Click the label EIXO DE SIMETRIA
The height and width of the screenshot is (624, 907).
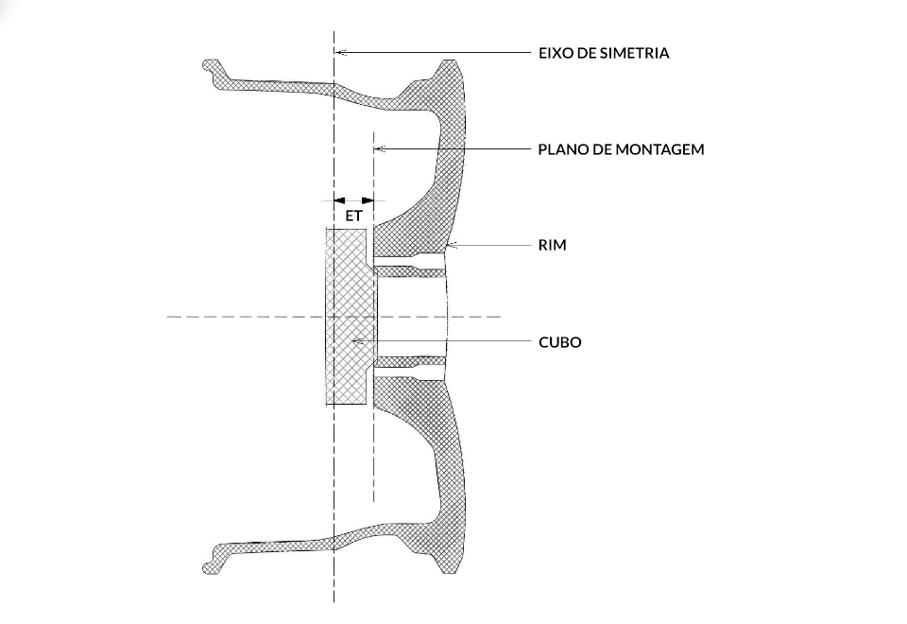pos(604,53)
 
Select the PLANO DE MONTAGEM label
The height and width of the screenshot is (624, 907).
pos(621,149)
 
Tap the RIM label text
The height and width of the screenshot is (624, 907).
pos(552,245)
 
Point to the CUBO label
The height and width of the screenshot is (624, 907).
pos(559,342)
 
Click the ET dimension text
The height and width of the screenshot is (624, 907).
pos(354,216)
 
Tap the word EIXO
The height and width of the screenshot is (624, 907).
pos(555,53)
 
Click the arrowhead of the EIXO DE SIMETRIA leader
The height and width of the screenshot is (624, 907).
pos(341,52)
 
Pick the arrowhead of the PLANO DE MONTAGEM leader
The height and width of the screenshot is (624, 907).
pos(380,148)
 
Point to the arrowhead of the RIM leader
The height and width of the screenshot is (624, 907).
pos(450,246)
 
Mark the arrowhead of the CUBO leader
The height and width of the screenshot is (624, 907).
pos(356,341)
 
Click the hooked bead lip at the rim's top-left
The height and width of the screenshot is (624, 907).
pos(211,68)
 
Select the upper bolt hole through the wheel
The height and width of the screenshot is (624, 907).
pos(411,257)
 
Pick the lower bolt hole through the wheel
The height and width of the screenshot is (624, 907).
pos(411,369)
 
